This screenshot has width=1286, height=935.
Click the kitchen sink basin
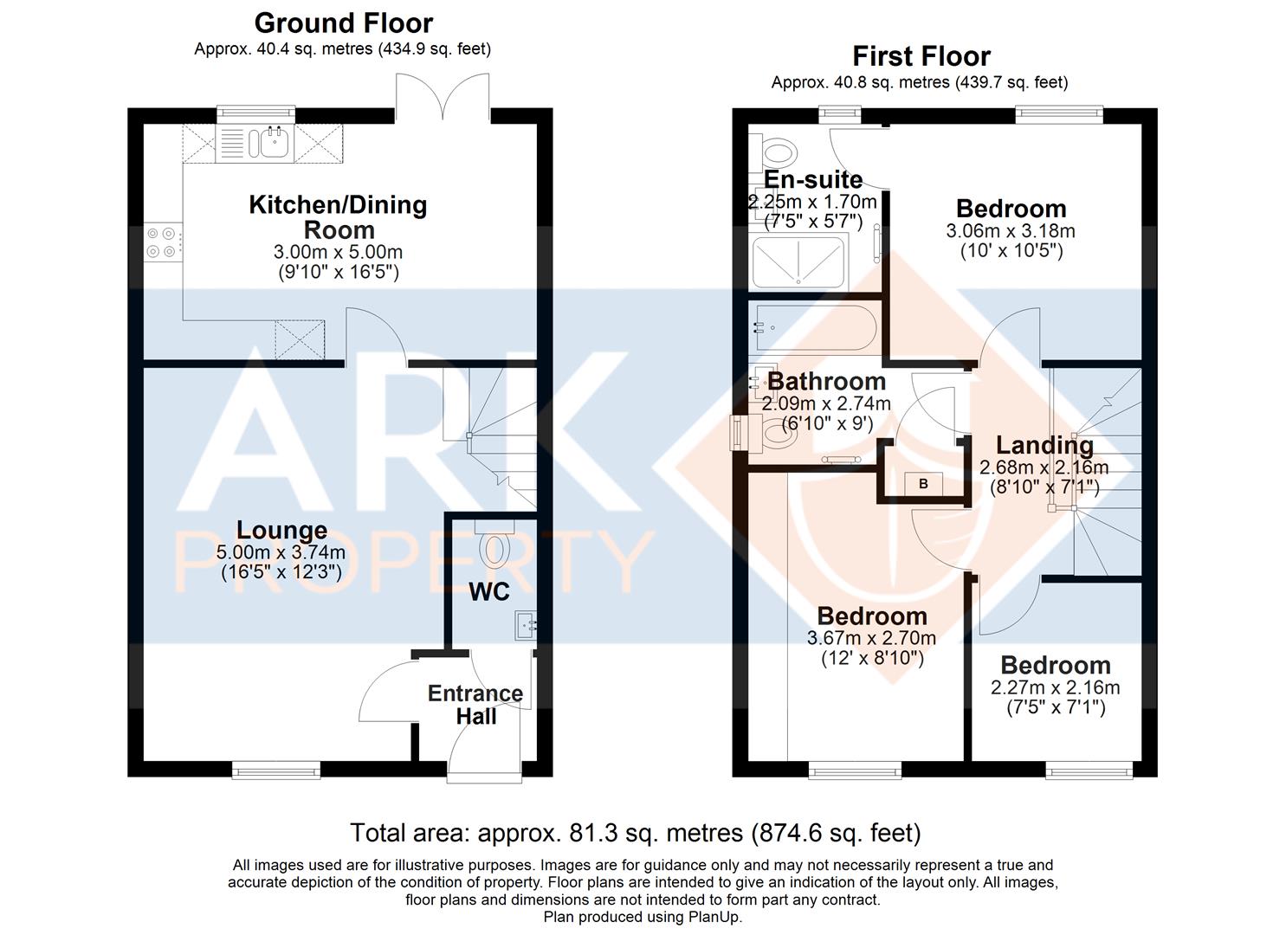coord(274,141)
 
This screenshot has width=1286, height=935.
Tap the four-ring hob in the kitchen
coord(163,242)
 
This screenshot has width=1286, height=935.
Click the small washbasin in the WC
coord(527,626)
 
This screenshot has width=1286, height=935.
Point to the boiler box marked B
coord(923,483)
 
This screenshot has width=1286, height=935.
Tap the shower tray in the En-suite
coord(798,261)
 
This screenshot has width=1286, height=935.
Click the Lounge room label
coord(282,531)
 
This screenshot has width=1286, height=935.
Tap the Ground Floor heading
coord(343,23)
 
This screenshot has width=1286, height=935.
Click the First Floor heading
coord(921,56)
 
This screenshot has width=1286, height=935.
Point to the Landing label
coord(1044,445)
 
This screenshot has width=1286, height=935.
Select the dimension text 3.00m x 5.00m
coord(338,252)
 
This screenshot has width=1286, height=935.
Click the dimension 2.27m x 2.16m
coord(1055,687)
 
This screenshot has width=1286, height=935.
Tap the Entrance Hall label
coord(475,705)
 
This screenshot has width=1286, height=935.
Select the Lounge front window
coord(275,770)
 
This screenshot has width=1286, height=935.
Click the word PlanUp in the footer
coord(717,917)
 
